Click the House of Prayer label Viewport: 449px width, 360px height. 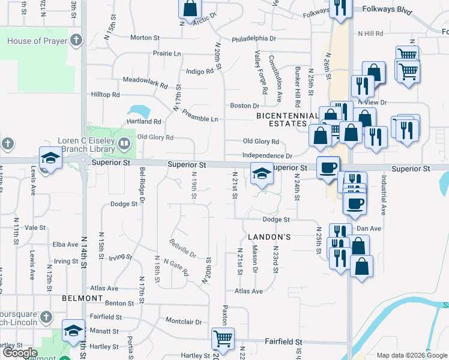click(x=32, y=41)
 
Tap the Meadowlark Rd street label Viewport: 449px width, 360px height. click(x=145, y=80)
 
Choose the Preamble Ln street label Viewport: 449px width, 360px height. click(x=200, y=115)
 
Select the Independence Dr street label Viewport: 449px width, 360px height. click(x=267, y=155)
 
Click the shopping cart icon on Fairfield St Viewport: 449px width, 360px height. click(x=223, y=338)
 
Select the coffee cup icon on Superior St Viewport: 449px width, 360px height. click(x=328, y=167)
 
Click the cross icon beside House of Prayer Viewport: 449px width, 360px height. click(x=75, y=41)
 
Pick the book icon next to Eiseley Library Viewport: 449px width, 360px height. click(x=124, y=143)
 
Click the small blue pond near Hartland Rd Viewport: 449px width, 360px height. click(x=139, y=111)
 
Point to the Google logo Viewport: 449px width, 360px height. click(x=20, y=353)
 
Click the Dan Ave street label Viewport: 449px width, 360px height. click(x=369, y=229)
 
